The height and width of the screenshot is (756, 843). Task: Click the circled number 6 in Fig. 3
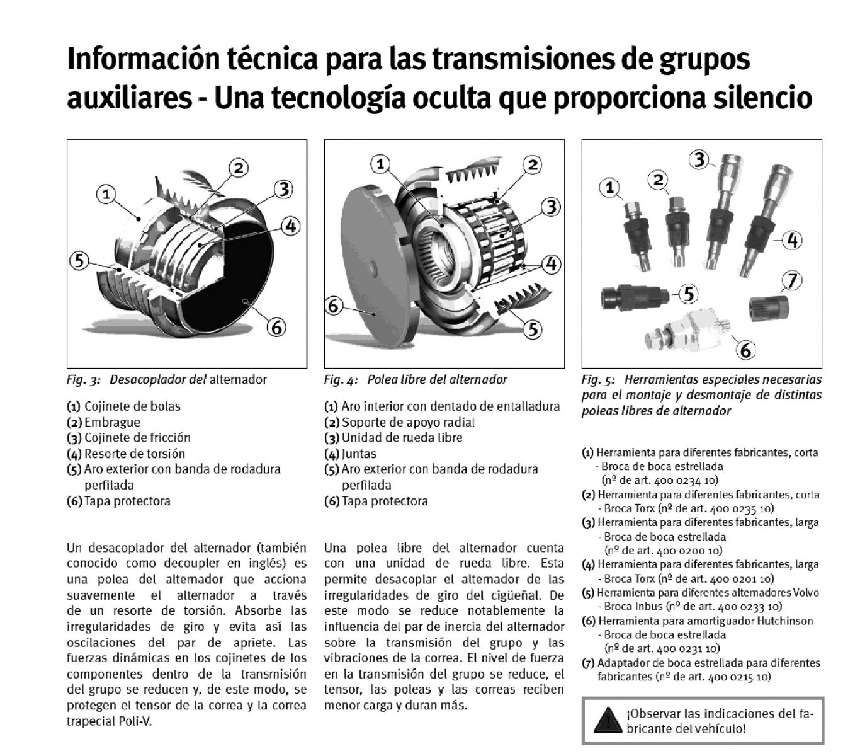pyautogui.click(x=277, y=327)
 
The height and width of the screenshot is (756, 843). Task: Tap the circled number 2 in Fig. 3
pyautogui.click(x=239, y=168)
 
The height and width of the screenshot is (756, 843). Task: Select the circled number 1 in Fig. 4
pyautogui.click(x=380, y=164)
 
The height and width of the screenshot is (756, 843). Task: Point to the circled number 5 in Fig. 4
pyautogui.click(x=533, y=329)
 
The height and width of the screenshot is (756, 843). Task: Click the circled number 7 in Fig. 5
pyautogui.click(x=792, y=280)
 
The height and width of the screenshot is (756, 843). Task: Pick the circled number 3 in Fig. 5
pyautogui.click(x=700, y=159)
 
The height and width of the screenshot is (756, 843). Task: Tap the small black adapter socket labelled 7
pyautogui.click(x=769, y=309)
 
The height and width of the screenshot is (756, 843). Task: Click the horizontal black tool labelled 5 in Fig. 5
pyautogui.click(x=635, y=297)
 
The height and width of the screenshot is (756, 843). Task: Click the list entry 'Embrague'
pyautogui.click(x=112, y=422)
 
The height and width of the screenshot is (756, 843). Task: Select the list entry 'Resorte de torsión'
pyautogui.click(x=134, y=454)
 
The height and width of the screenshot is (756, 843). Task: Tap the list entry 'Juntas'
pyautogui.click(x=359, y=454)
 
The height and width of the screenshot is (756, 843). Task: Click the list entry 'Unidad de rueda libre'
pyautogui.click(x=402, y=437)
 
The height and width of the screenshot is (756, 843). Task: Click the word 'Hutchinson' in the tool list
pyautogui.click(x=784, y=621)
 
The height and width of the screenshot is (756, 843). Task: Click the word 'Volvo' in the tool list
pyautogui.click(x=806, y=592)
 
